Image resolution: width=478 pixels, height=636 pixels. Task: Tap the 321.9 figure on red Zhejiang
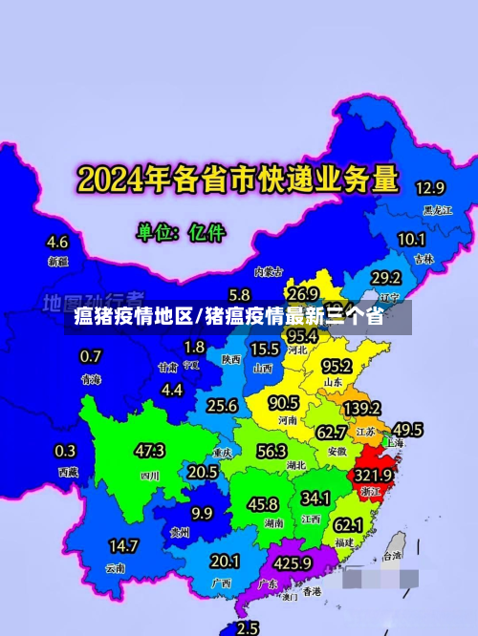pos(375,475)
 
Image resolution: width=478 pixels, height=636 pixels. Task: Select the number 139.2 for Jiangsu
pos(361,408)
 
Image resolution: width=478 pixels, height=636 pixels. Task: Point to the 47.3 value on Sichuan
pos(149,451)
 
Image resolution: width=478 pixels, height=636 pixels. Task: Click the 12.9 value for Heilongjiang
pos(429,187)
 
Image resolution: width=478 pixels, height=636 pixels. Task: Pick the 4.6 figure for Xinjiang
pos(57,242)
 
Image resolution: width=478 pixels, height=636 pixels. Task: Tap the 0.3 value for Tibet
pos(66,451)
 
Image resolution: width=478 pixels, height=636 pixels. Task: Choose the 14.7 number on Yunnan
pos(123,546)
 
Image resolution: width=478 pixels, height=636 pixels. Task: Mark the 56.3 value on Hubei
pos(272,451)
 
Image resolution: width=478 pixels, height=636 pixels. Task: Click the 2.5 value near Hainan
pos(248,627)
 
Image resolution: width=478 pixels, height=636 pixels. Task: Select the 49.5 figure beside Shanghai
pos(408,429)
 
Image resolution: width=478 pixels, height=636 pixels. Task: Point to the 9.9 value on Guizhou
pos(202,513)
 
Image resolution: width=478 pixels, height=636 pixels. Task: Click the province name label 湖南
pos(273,523)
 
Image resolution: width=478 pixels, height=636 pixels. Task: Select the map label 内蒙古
pos(269,271)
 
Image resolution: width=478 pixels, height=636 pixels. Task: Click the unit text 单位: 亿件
pos(181,231)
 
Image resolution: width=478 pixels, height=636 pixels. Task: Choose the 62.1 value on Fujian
pos(348,524)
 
